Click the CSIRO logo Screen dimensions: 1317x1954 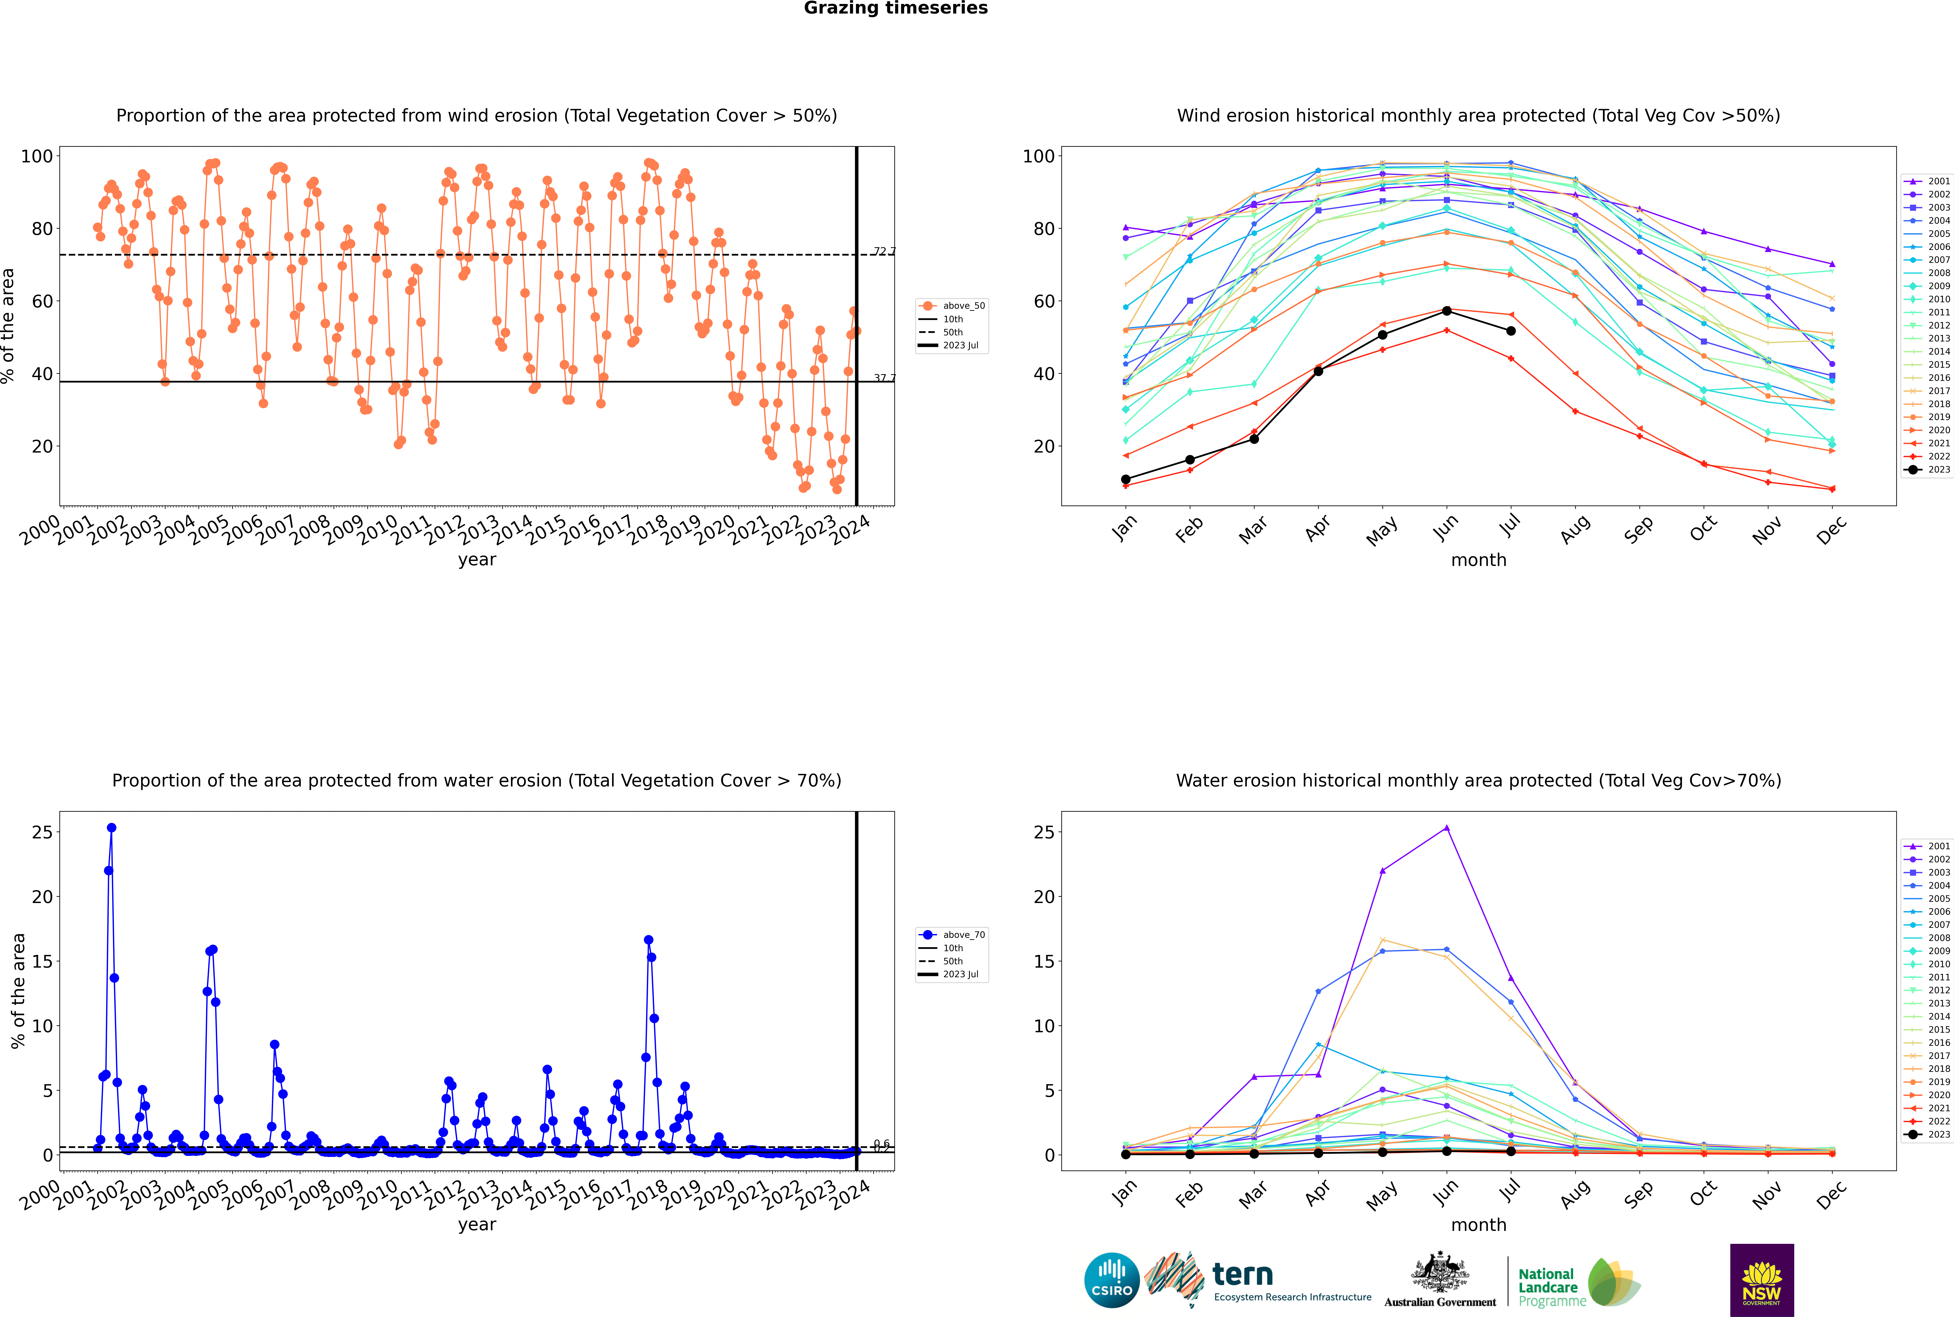(x=1111, y=1280)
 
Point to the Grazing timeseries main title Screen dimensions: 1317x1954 (x=896, y=8)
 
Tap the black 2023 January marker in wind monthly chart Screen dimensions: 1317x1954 (x=1126, y=480)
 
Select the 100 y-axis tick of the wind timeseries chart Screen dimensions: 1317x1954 (x=37, y=156)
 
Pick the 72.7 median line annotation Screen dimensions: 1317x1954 (x=884, y=251)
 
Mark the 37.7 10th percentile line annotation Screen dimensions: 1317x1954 (x=884, y=378)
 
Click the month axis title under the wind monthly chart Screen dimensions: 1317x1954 (x=1478, y=560)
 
